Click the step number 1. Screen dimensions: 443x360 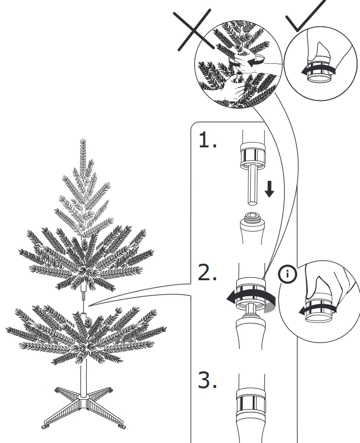click(x=207, y=141)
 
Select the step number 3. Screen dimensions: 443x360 click(x=208, y=382)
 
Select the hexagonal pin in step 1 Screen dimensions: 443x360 click(x=252, y=186)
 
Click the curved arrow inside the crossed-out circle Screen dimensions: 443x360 click(x=255, y=63)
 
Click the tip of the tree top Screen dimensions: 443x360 click(x=83, y=141)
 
